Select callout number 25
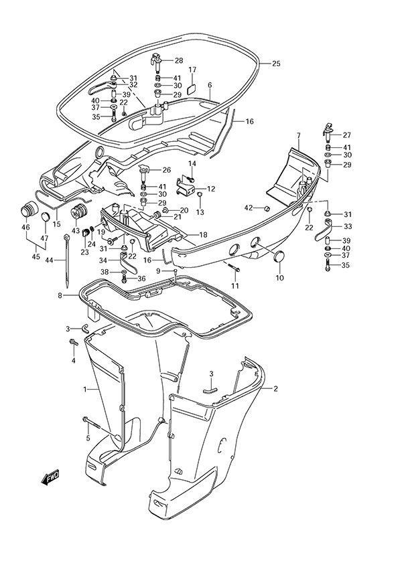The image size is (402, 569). [275, 64]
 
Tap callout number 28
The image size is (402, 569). [178, 61]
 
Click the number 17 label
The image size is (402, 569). [192, 70]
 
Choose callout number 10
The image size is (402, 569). [279, 277]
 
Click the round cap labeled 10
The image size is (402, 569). [279, 256]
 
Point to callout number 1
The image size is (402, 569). [84, 389]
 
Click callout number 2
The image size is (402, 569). [275, 388]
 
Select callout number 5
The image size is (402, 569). [87, 438]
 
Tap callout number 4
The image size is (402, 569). [74, 361]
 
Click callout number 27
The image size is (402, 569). [346, 135]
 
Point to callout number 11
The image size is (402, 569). [235, 287]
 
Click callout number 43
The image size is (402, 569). [76, 230]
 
